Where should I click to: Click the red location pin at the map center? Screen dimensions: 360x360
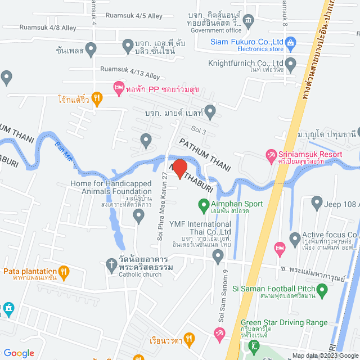(179, 169)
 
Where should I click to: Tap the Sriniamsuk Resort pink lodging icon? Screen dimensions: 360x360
(272, 154)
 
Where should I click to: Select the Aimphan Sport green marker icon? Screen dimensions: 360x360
(203, 204)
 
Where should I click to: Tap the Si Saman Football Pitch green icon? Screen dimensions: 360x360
(322, 291)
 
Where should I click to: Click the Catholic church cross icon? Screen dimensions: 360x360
(111, 263)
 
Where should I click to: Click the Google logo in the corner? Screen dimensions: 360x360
(19, 353)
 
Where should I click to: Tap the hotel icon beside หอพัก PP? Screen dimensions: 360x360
(118, 87)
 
